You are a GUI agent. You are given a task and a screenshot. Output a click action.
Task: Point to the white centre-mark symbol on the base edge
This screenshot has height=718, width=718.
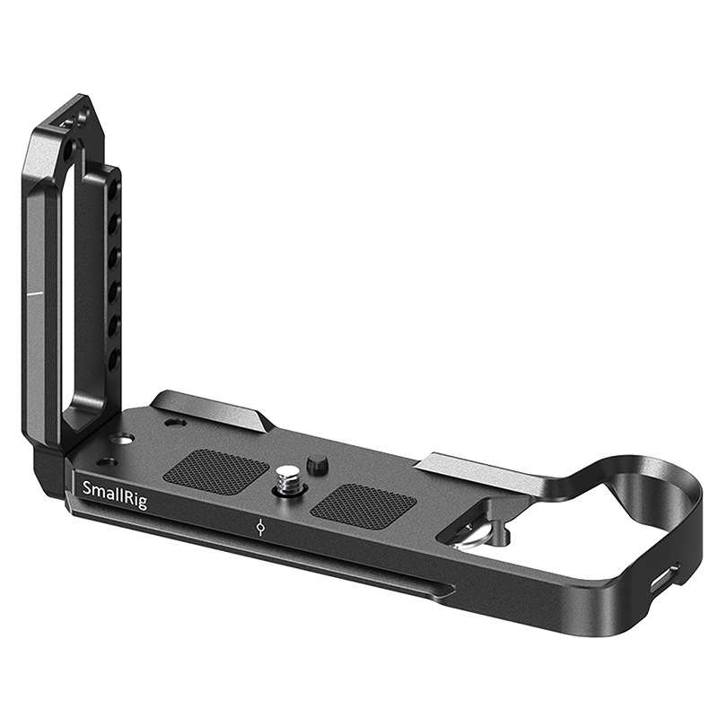coord(260,528)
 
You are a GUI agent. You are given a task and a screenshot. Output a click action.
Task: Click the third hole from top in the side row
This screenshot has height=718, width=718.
coord(114,257)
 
